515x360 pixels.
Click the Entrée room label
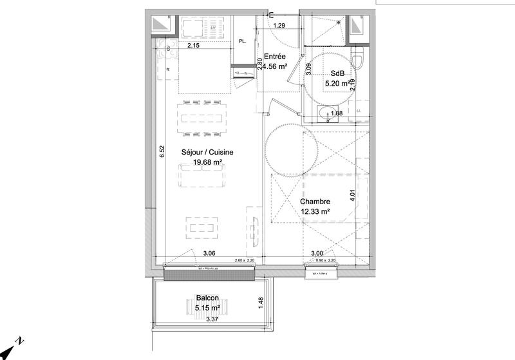pos(275,57)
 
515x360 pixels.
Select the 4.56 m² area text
pos(274,66)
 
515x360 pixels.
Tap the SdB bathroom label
pos(336,73)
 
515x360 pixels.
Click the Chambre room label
pos(315,202)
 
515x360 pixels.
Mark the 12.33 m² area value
pos(315,211)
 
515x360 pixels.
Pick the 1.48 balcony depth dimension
pos(261,302)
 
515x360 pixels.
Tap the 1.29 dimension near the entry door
pos(279,26)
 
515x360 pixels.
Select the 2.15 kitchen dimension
pos(194,46)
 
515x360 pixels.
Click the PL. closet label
pos(243,41)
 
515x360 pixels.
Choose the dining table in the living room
pos(202,118)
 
